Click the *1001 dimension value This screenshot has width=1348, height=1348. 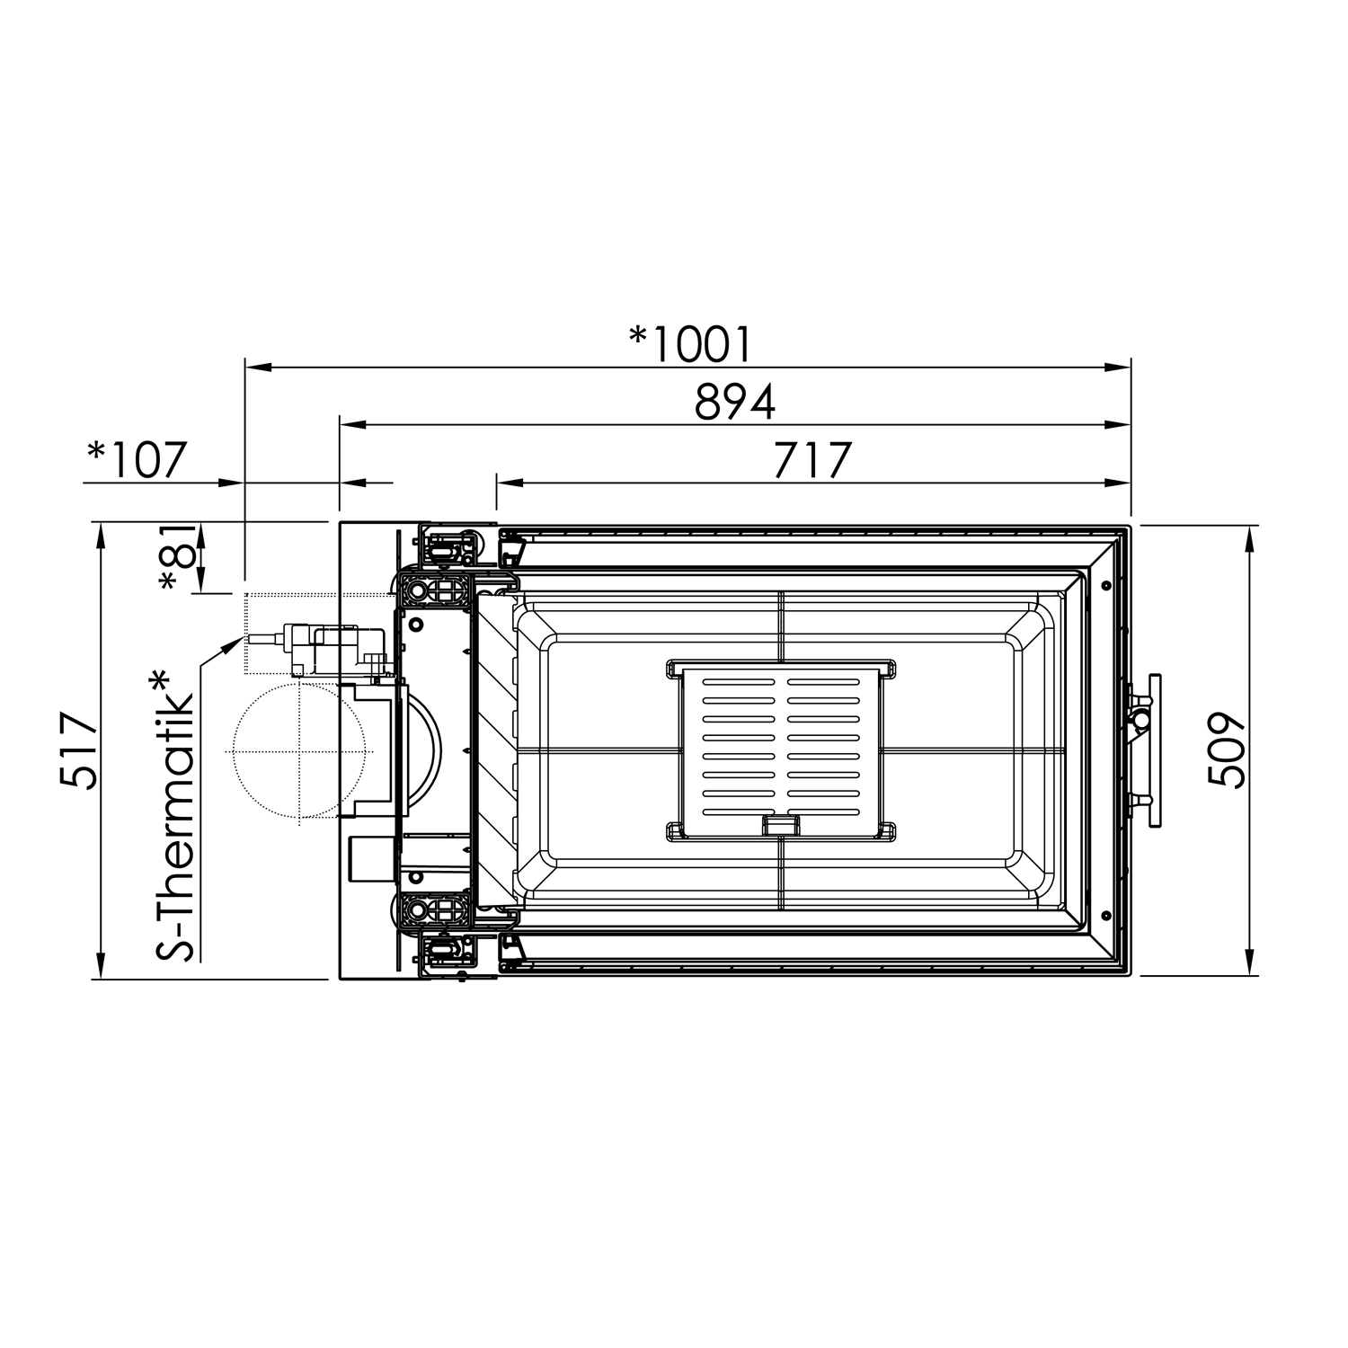[x=690, y=343]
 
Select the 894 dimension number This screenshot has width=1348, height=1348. [x=734, y=403]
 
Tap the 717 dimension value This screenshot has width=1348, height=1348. [x=811, y=460]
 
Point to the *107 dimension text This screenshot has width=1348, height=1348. [x=137, y=459]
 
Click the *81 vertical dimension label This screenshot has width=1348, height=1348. [x=178, y=557]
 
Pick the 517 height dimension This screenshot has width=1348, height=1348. [x=79, y=750]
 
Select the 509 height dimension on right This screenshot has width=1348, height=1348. [x=1225, y=750]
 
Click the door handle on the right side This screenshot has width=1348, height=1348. [x=1152, y=750]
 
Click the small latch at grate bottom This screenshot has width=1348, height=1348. [x=780, y=824]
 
